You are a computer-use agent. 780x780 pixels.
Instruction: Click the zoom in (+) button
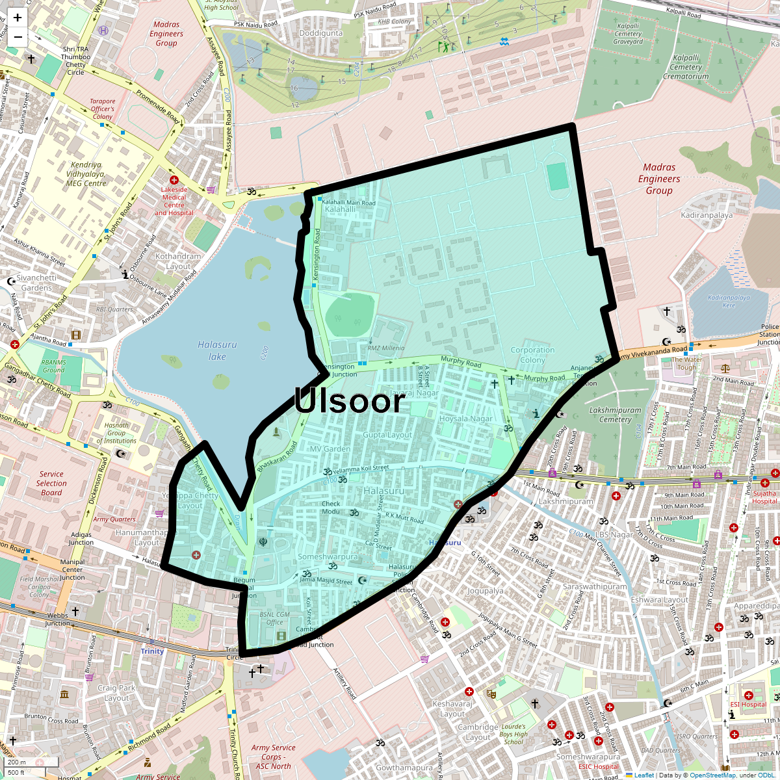click(x=18, y=18)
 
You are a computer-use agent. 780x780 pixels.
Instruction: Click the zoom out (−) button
click(x=18, y=37)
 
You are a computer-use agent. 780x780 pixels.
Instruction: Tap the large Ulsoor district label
click(x=350, y=400)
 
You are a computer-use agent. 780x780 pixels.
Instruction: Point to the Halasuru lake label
click(x=217, y=350)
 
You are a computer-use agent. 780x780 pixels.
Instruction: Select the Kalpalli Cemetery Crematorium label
click(x=686, y=67)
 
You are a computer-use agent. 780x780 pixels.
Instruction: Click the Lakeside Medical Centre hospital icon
click(x=174, y=179)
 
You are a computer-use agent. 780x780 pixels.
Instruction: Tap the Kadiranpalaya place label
click(x=707, y=215)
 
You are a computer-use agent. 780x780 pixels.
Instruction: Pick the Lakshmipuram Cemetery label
click(x=615, y=415)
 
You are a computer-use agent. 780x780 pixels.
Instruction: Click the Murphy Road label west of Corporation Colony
click(x=461, y=361)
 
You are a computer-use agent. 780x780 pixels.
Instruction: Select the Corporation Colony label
click(x=532, y=355)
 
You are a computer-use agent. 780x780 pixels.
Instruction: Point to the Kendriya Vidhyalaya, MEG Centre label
click(x=86, y=174)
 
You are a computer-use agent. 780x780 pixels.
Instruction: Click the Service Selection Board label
click(x=51, y=483)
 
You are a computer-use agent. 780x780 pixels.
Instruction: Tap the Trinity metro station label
click(x=152, y=651)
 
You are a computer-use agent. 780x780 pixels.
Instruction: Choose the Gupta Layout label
click(x=387, y=435)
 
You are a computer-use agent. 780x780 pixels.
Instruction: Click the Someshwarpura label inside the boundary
click(x=328, y=557)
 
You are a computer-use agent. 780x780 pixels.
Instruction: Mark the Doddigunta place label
click(x=321, y=33)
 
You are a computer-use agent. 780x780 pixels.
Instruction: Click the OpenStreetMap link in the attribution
click(x=712, y=775)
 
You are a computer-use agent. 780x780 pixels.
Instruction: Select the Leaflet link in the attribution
click(x=644, y=775)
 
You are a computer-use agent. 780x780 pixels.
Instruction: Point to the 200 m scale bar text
click(x=17, y=762)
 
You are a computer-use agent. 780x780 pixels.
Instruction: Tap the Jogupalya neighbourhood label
click(x=486, y=591)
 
